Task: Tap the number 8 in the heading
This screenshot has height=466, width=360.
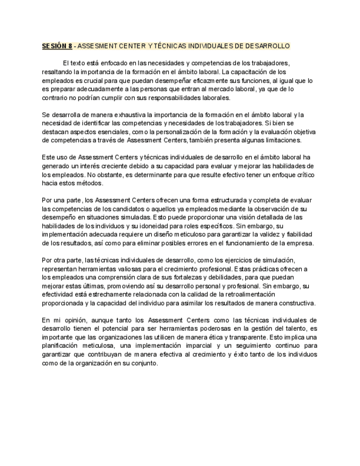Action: click(x=70, y=46)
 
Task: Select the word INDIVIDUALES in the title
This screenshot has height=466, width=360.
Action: click(x=196, y=46)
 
